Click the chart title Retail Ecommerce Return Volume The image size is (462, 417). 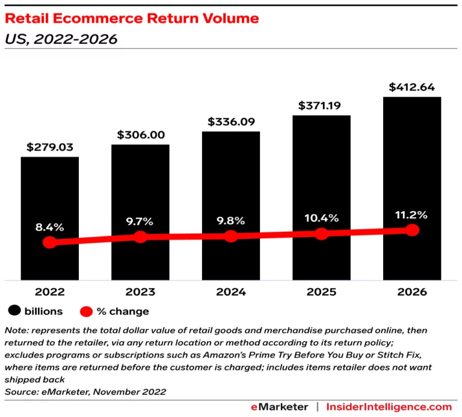click(x=132, y=19)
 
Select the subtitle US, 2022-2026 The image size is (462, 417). click(x=61, y=40)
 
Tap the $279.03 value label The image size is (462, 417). click(x=50, y=147)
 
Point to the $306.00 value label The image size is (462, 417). click(x=140, y=135)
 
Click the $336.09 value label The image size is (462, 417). click(x=231, y=122)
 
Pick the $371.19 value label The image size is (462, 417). click(x=322, y=105)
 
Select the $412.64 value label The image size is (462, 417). click(x=412, y=87)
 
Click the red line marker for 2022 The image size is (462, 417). click(x=50, y=242)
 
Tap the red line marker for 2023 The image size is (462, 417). click(x=140, y=237)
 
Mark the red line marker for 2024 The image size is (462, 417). click(x=231, y=236)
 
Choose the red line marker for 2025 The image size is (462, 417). click(x=322, y=233)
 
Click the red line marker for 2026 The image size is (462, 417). click(x=412, y=230)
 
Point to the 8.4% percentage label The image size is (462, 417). click(x=50, y=227)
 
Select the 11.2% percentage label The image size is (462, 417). click(x=412, y=215)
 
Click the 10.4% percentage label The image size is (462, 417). click(x=322, y=218)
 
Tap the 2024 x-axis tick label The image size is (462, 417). click(x=231, y=292)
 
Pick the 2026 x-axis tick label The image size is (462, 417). click(x=412, y=292)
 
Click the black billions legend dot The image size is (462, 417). click(x=13, y=311)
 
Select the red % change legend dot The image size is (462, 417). click(x=86, y=311)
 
